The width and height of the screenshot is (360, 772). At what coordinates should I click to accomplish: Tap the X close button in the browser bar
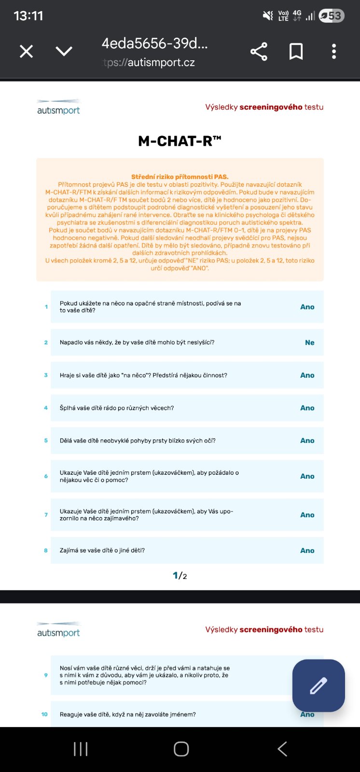[x=27, y=51]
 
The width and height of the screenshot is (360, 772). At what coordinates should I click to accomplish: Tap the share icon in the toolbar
[x=259, y=52]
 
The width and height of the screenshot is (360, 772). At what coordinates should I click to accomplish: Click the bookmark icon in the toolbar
[x=296, y=52]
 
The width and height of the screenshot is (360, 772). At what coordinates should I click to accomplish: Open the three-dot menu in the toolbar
[x=333, y=52]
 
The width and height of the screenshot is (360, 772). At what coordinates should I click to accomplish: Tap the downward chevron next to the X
[x=64, y=51]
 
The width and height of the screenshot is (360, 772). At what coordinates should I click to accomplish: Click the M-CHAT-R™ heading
[x=180, y=141]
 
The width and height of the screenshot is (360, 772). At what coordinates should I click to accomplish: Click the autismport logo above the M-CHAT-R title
[x=58, y=108]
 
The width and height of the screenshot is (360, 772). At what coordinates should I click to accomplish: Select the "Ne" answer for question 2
[x=309, y=343]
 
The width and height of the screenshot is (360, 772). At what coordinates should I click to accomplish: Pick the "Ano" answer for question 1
[x=307, y=307]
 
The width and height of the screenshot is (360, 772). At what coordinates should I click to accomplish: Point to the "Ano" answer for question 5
[x=307, y=441]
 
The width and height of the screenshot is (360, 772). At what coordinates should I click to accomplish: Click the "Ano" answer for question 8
[x=307, y=551]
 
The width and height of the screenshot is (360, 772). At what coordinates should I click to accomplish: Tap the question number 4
[x=46, y=408]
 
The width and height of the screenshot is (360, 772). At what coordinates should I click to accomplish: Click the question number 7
[x=46, y=515]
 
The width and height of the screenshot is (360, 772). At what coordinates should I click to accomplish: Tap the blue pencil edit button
[x=318, y=685]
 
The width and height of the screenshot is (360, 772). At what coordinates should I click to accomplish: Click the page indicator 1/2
[x=180, y=576]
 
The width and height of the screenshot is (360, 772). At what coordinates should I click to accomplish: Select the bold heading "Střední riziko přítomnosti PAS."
[x=180, y=177]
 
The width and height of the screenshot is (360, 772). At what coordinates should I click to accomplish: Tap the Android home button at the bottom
[x=181, y=749]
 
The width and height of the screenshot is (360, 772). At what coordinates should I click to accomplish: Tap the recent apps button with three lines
[x=81, y=749]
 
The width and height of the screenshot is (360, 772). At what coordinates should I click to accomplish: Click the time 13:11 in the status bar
[x=28, y=16]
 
